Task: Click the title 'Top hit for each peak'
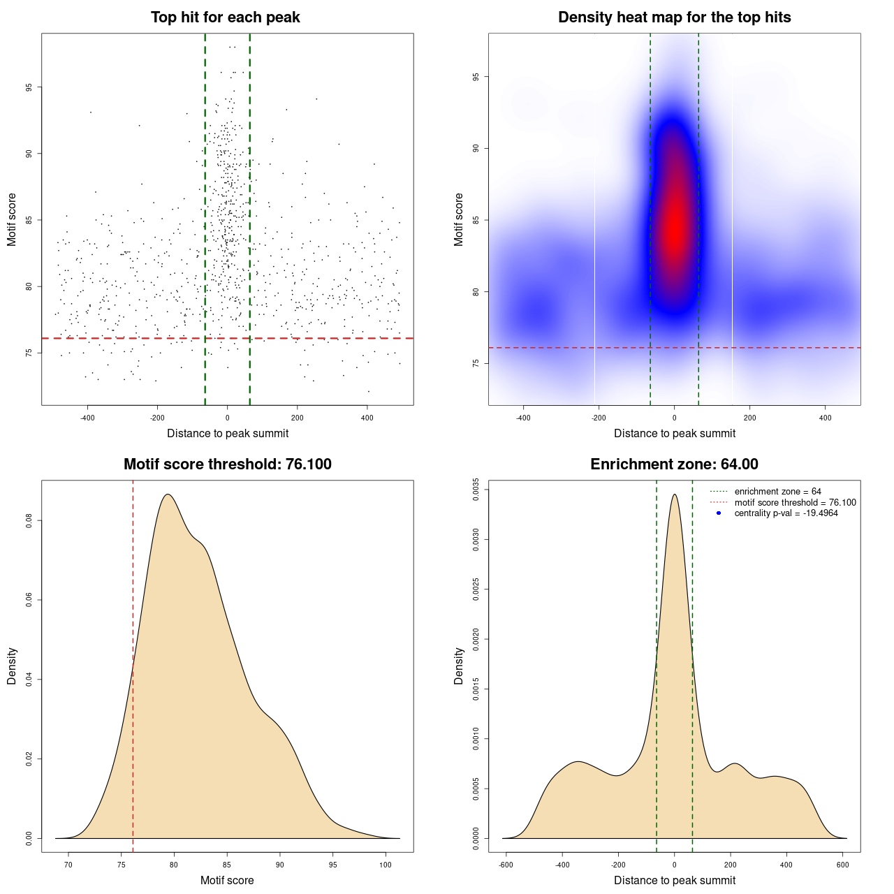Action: coord(226,17)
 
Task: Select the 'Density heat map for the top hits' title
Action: coord(674,17)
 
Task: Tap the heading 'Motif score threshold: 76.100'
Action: coord(227,464)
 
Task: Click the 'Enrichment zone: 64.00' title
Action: coord(674,464)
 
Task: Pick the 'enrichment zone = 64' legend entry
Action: coord(777,492)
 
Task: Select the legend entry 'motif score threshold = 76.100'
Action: coord(795,503)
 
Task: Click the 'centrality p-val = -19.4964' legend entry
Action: coord(786,513)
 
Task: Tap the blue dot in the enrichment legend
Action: coord(719,513)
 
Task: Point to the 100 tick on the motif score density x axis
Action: coord(386,865)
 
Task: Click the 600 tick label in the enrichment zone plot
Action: coord(842,865)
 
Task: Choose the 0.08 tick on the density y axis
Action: coord(29,521)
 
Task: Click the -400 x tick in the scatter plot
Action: coord(87,418)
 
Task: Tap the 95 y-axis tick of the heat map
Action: coord(476,77)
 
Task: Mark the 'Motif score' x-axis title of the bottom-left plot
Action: coord(227,880)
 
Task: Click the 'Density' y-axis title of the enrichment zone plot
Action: coord(459,666)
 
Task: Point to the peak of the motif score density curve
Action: coord(168,494)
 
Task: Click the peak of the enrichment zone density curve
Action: coord(674,494)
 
